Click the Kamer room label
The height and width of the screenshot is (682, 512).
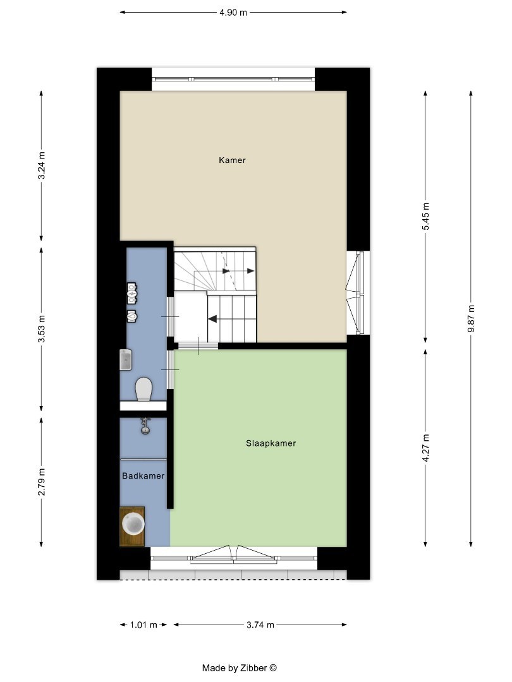click(x=232, y=160)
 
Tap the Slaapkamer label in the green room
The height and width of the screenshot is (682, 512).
click(x=271, y=443)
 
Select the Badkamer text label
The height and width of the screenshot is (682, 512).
click(x=143, y=476)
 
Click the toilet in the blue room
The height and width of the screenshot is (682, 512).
click(x=144, y=388)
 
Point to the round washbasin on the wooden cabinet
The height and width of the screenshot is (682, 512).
click(x=133, y=523)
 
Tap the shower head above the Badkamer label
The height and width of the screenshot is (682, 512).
click(x=145, y=425)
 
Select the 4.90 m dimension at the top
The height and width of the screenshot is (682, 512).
click(x=233, y=12)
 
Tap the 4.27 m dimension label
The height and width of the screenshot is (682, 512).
click(x=426, y=448)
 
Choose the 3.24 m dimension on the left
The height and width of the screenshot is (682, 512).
click(x=42, y=166)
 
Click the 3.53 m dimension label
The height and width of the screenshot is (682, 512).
click(x=42, y=329)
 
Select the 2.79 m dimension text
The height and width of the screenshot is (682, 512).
click(x=42, y=482)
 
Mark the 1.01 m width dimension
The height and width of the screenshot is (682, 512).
click(x=143, y=625)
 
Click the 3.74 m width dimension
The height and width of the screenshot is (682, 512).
click(x=260, y=625)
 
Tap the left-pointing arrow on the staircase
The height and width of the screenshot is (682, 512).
click(x=214, y=318)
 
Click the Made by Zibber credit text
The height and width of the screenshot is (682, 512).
click(x=240, y=667)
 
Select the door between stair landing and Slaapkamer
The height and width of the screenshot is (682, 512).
click(x=198, y=345)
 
